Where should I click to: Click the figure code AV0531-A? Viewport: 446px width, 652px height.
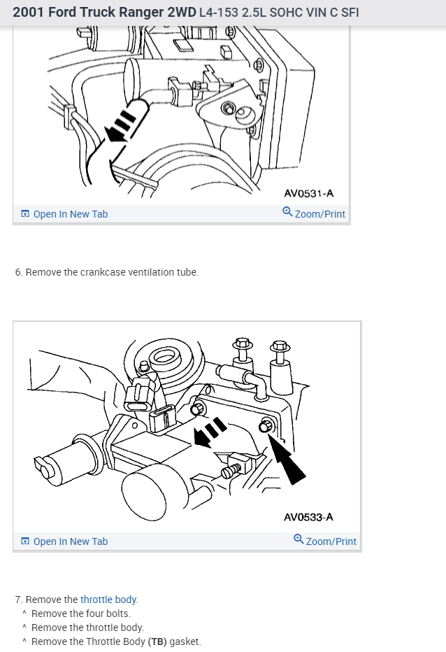[x=309, y=193]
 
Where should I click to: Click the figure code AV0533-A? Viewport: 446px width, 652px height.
[x=308, y=517]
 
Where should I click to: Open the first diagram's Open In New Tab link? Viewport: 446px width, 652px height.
[x=70, y=214]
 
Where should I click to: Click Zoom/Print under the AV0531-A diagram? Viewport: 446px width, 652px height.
[x=319, y=214]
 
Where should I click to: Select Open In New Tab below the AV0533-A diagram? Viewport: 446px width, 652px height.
[x=70, y=541]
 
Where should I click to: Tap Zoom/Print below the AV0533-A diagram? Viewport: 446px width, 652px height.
[x=331, y=541]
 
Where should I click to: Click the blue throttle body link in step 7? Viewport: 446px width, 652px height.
[x=108, y=600]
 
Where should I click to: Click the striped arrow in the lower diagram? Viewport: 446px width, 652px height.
[x=210, y=432]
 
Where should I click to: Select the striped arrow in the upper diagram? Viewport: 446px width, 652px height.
[x=120, y=125]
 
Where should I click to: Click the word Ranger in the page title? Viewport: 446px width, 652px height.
[x=141, y=13]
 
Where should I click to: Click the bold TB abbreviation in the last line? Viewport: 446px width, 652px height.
[x=157, y=642]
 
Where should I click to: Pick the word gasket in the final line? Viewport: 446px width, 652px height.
[x=185, y=642]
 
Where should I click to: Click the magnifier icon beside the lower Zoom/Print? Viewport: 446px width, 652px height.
[x=299, y=540]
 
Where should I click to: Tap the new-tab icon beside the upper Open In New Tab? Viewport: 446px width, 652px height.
[x=25, y=214]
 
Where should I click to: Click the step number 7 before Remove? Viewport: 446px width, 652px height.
[x=18, y=600]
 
